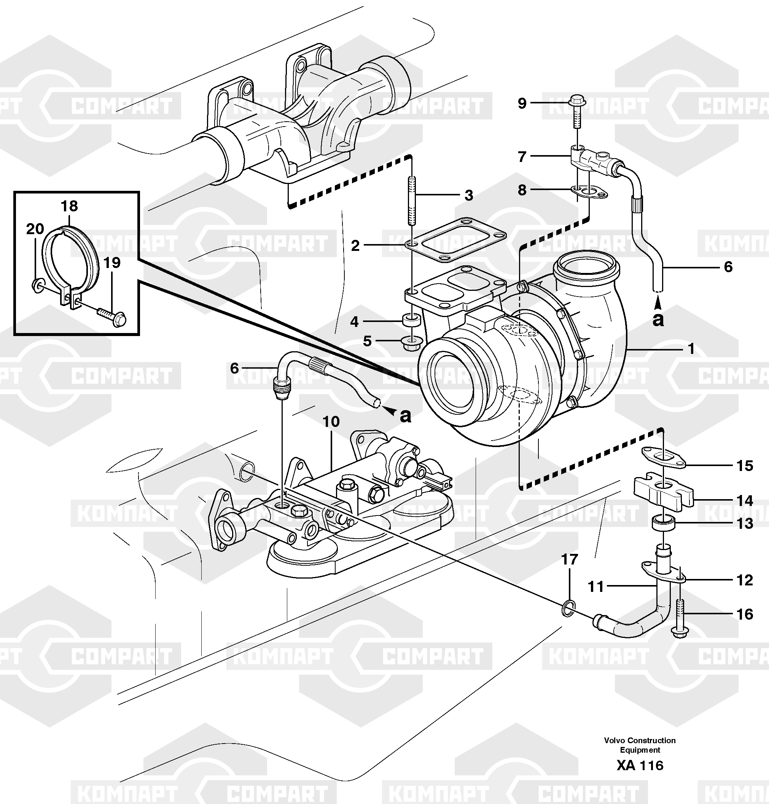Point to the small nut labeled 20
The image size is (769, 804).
(x=37, y=285)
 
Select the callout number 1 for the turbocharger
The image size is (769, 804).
(x=691, y=349)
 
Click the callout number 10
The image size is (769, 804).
(x=331, y=422)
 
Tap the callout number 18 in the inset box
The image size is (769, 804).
(x=69, y=206)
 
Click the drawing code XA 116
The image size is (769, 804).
(x=640, y=766)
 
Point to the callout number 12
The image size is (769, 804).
(x=745, y=580)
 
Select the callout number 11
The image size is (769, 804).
(x=596, y=587)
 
